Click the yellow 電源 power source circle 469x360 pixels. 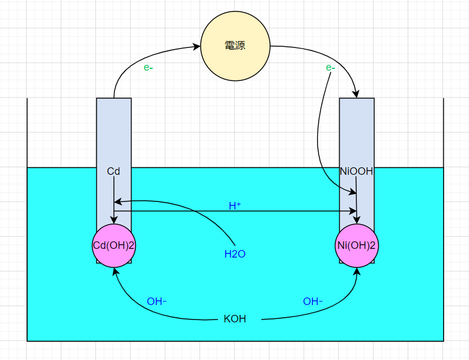(235, 46)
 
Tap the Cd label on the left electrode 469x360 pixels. (113, 171)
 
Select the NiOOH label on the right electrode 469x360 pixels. (357, 171)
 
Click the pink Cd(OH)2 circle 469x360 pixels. (114, 245)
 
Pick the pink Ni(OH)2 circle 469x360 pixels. (357, 245)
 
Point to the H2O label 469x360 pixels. (235, 254)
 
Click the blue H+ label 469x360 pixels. (235, 206)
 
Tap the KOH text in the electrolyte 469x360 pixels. (235, 319)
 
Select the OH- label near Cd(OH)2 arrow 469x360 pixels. (157, 302)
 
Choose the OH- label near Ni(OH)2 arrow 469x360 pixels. (312, 302)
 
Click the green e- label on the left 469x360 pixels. (148, 68)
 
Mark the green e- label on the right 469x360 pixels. (330, 68)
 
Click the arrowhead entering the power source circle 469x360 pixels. (197, 46)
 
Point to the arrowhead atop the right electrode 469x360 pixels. (356, 94)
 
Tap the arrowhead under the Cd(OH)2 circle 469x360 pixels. (115, 271)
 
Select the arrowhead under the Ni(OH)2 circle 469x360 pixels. (357, 271)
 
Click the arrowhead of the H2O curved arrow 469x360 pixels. (118, 201)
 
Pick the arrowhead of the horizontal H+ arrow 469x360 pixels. (353, 211)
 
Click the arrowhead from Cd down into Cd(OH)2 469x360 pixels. (114, 220)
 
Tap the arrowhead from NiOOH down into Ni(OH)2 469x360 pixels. (357, 220)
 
